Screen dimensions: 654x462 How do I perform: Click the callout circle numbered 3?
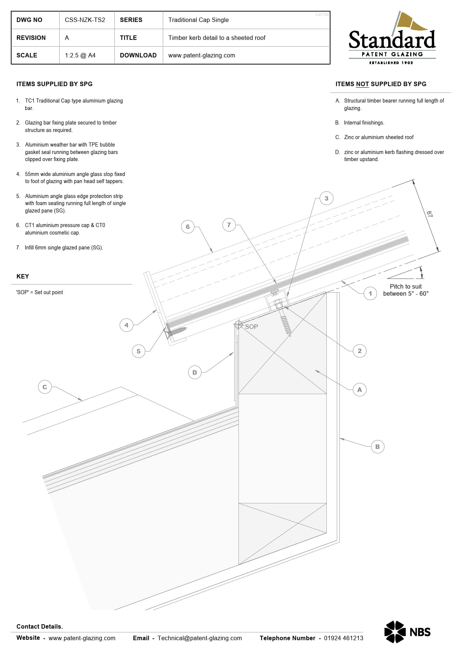coord(326,198)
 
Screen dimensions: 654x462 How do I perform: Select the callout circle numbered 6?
coord(188,227)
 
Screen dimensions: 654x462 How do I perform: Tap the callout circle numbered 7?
coord(229,225)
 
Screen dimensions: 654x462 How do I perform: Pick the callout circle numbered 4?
coord(126,325)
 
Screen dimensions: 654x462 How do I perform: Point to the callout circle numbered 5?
coord(139,351)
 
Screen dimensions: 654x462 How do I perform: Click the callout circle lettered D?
coord(194,372)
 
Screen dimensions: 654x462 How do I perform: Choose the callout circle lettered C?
coord(45,387)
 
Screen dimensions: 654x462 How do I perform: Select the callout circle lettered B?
coord(377,447)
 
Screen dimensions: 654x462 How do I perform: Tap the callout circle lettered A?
coord(360,390)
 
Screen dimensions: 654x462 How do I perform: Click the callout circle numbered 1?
coord(370,293)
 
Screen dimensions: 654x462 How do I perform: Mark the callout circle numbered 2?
coord(360,351)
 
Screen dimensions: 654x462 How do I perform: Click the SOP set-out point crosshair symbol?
coord(238,325)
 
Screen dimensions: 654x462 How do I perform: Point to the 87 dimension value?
coord(429,214)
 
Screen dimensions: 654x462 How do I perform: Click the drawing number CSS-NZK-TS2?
coord(85,20)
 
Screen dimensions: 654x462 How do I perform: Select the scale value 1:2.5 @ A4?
coord(80,56)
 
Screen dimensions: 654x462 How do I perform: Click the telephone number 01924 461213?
coord(343,638)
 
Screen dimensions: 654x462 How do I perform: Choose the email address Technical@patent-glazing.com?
coord(200,638)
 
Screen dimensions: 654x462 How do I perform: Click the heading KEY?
coord(23,276)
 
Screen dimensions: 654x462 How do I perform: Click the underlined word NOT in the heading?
coord(362,84)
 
